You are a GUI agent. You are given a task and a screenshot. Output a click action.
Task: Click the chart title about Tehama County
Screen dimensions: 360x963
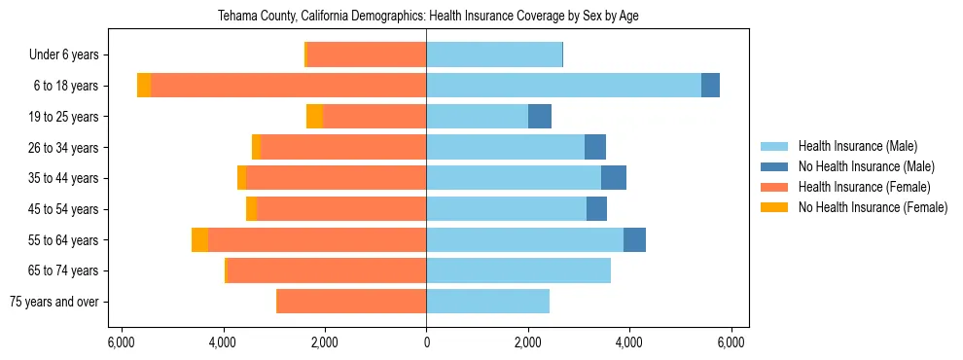426,17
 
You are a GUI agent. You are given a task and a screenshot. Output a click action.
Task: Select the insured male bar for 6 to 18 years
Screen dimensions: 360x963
563,86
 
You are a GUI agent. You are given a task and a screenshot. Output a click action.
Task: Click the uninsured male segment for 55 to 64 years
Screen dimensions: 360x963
634,240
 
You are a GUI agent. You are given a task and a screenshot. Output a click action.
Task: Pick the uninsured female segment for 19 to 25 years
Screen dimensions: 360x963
314,117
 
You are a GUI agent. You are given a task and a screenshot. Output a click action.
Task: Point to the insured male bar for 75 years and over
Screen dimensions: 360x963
487,302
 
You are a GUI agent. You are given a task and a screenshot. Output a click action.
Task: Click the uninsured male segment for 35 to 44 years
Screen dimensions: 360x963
614,178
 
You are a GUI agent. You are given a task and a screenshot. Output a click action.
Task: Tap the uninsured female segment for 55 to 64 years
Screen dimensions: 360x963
199,240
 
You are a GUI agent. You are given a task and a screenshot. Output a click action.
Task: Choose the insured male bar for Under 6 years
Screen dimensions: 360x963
494,54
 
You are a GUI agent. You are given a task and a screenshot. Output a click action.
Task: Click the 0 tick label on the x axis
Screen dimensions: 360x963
426,342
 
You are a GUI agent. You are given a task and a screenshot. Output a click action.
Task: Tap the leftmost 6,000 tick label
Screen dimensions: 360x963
121,342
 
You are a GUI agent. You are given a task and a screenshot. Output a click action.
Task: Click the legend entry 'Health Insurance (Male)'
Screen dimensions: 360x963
857,146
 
